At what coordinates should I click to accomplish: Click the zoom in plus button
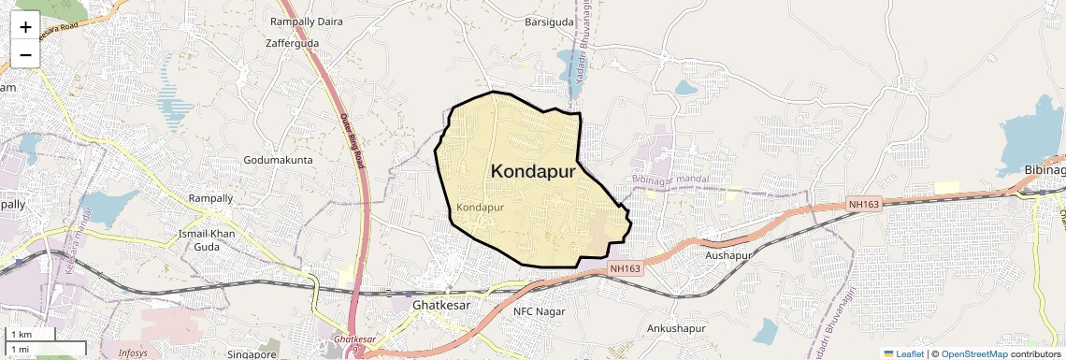pyautogui.click(x=25, y=27)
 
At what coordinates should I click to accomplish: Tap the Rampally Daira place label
pyautogui.click(x=306, y=21)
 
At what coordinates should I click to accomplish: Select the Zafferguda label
pyautogui.click(x=292, y=43)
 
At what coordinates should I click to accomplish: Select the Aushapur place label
pyautogui.click(x=728, y=255)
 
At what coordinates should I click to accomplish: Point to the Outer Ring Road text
pyautogui.click(x=351, y=140)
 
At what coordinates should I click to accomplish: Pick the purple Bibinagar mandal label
pyautogui.click(x=670, y=179)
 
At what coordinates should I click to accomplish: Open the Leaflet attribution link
pyautogui.click(x=904, y=353)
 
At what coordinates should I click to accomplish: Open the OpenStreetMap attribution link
pyautogui.click(x=974, y=353)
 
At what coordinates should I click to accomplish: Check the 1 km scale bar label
pyautogui.click(x=22, y=335)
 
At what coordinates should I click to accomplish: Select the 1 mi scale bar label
pyautogui.click(x=21, y=349)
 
